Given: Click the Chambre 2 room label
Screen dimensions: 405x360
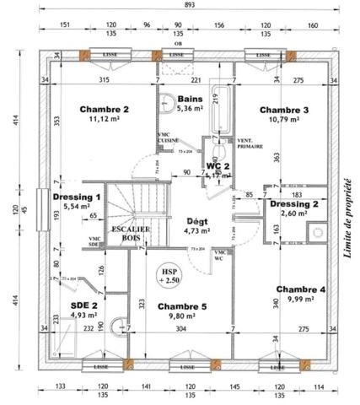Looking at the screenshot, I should pyautogui.click(x=104, y=110).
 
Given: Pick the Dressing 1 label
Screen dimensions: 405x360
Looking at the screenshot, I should pyautogui.click(x=77, y=197).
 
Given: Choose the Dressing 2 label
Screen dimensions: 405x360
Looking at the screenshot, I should pyautogui.click(x=293, y=203).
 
